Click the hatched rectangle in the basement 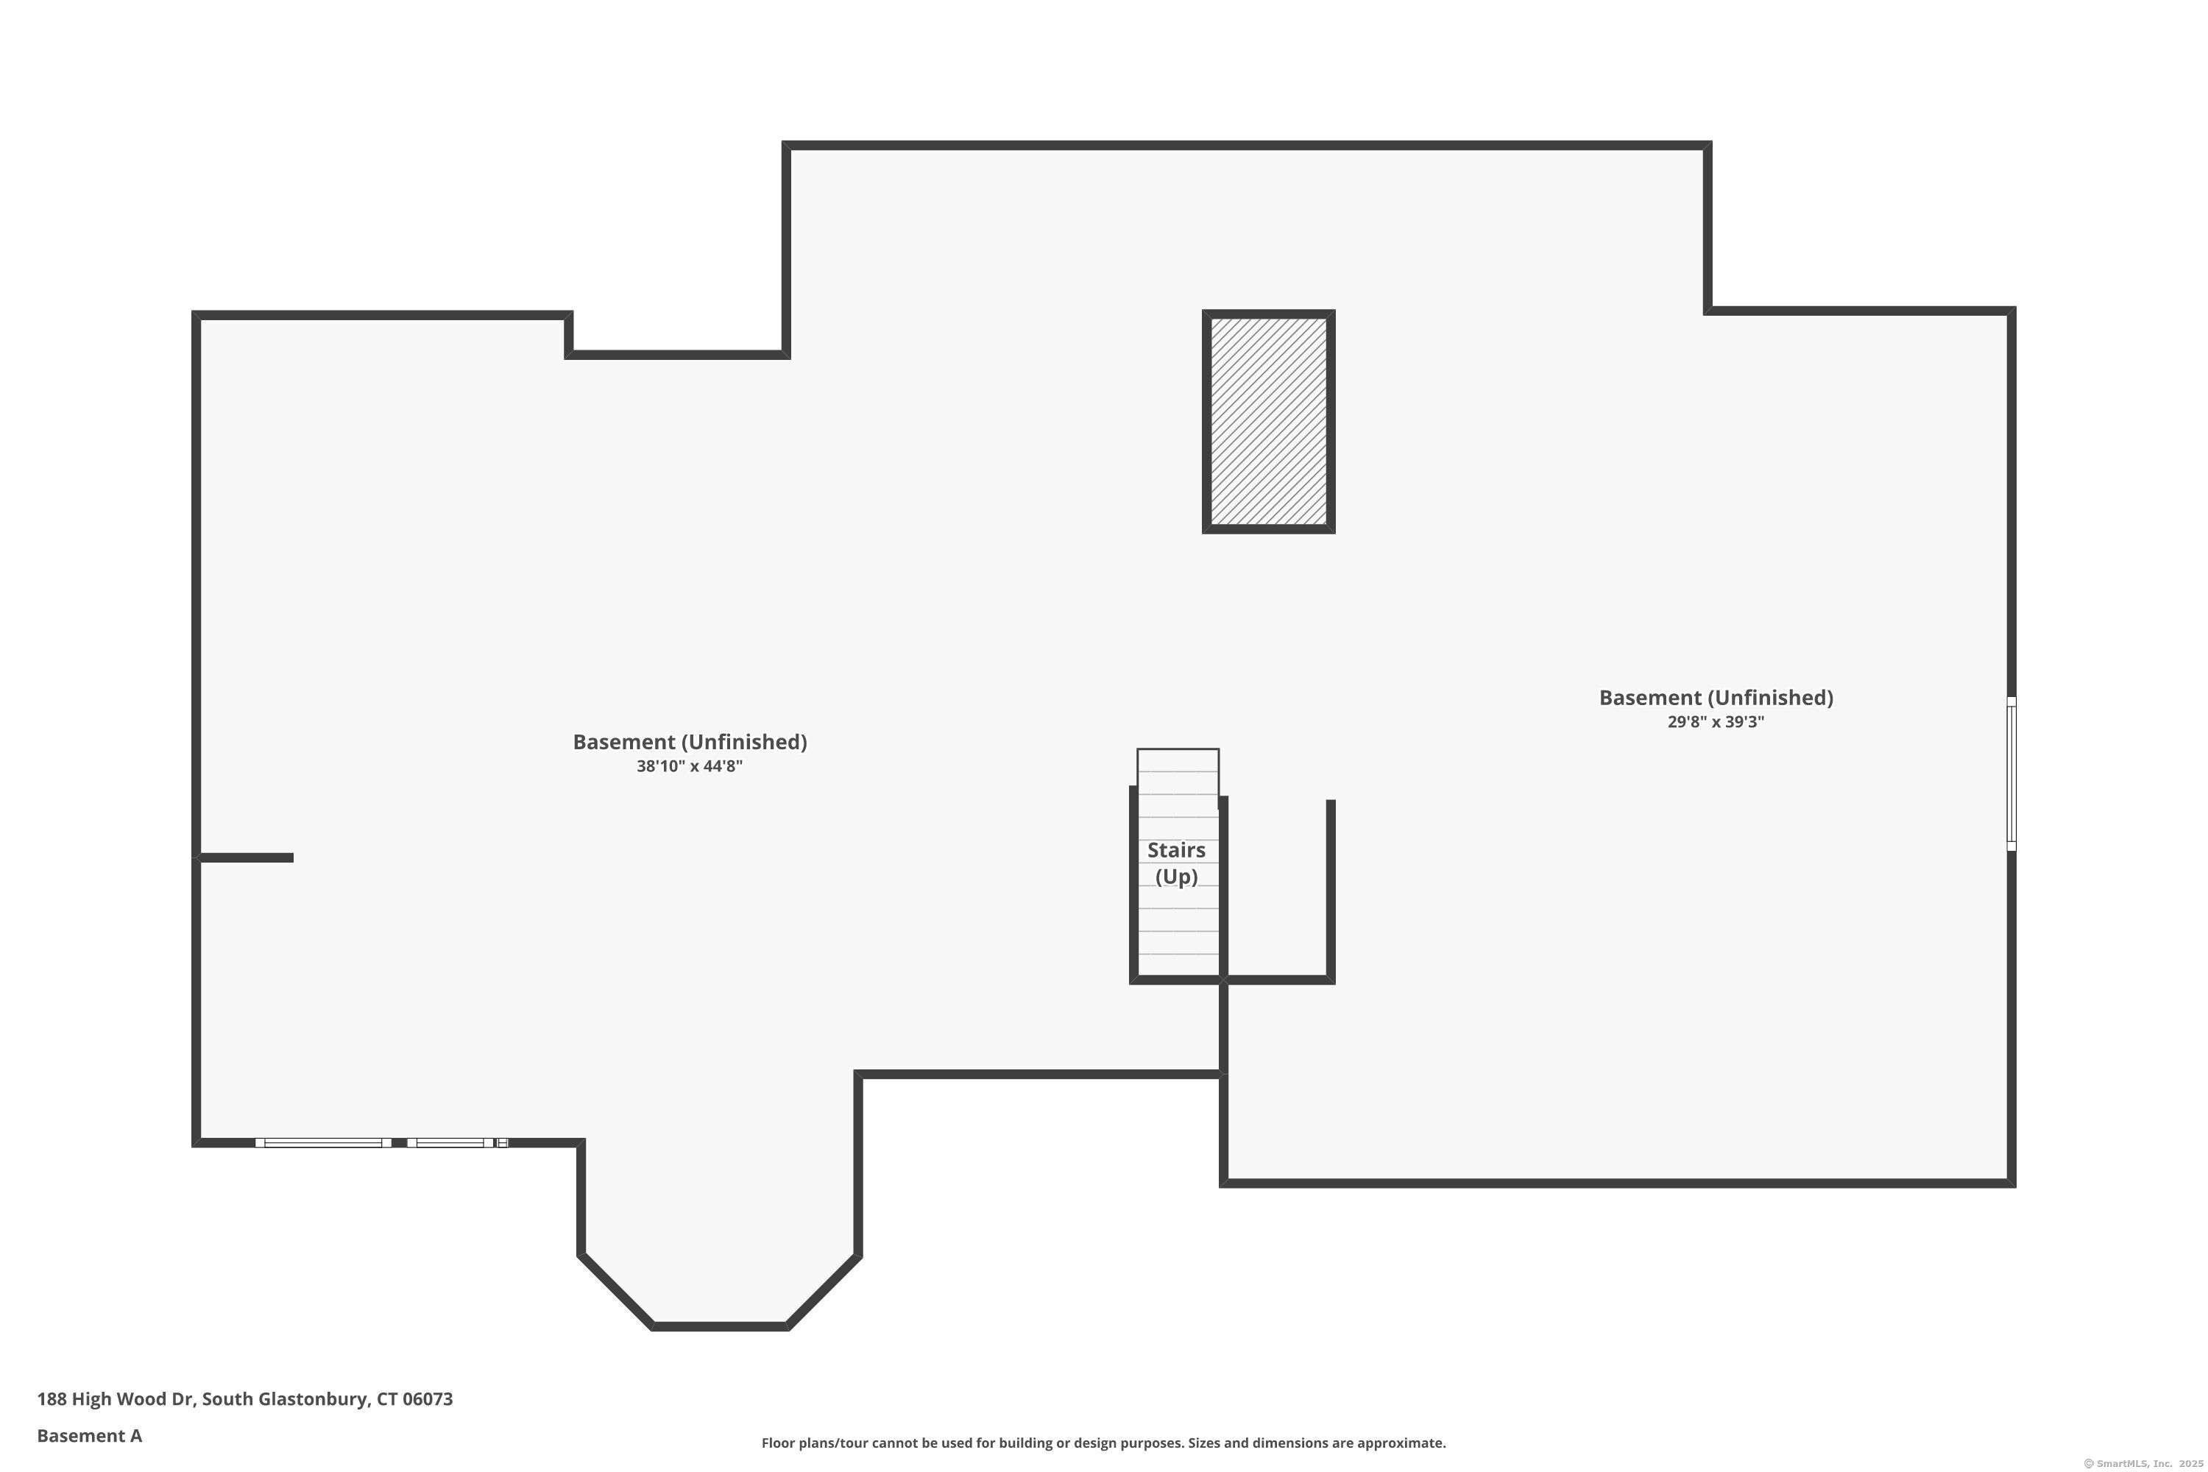(1268, 422)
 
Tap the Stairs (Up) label (1176, 863)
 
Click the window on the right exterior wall (2011, 774)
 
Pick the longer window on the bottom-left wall (324, 1142)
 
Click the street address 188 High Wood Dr (116, 1399)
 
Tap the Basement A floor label (89, 1435)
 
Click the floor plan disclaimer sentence (1103, 1443)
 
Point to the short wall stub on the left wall (246, 857)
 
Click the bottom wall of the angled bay (719, 1326)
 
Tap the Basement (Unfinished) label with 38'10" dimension (690, 742)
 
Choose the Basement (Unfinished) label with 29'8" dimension (1716, 698)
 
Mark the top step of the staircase (1178, 760)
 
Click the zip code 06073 (428, 1399)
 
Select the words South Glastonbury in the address (286, 1399)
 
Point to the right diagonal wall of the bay (824, 1291)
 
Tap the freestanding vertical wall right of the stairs (1330, 889)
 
